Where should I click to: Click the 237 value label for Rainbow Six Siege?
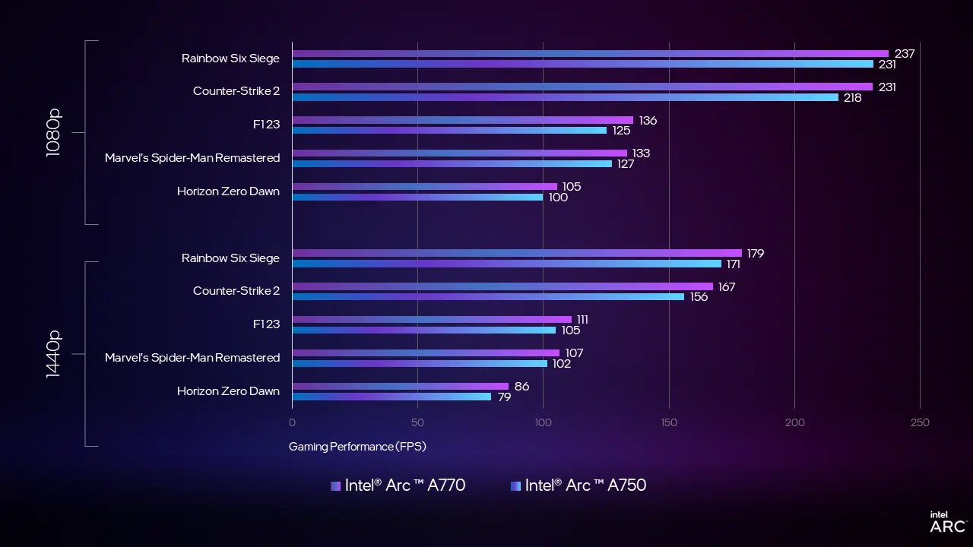(x=904, y=54)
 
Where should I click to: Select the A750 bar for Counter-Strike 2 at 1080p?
(x=565, y=97)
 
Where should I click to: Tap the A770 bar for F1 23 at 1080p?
(x=462, y=120)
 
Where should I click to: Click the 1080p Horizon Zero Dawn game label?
(x=228, y=191)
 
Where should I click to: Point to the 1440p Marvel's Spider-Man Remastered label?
(x=192, y=358)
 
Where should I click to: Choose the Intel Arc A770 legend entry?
(x=398, y=485)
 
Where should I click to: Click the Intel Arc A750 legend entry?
(x=578, y=485)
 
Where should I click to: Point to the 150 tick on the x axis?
(x=668, y=422)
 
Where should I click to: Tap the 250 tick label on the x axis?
(x=919, y=422)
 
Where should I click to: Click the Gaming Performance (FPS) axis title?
(x=357, y=447)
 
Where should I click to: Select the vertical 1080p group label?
(x=53, y=132)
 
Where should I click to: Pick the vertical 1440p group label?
(x=53, y=354)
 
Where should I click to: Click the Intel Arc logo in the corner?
(x=947, y=522)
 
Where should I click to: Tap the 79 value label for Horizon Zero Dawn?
(x=504, y=397)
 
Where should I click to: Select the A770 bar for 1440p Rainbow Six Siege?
(x=517, y=253)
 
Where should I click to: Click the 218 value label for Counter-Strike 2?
(x=852, y=98)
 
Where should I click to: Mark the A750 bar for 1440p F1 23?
(x=424, y=330)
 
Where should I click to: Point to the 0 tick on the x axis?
(x=293, y=422)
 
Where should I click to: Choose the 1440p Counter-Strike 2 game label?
(x=236, y=291)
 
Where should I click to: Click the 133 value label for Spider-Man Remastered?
(x=641, y=153)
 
